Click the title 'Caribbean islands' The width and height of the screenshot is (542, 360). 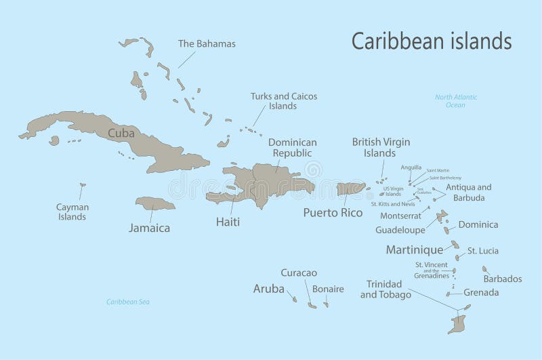(x=431, y=41)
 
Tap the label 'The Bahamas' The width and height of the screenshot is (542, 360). (x=207, y=44)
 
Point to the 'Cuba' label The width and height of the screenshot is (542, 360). (x=121, y=133)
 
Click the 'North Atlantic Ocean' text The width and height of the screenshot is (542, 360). (x=456, y=101)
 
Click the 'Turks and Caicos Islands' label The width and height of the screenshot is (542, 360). (x=283, y=101)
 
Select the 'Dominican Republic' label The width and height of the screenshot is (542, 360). (x=292, y=148)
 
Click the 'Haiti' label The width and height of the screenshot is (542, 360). (x=228, y=221)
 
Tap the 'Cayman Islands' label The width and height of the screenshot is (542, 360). (x=71, y=212)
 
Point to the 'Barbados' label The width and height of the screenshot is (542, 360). (x=502, y=279)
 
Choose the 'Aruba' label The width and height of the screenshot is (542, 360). (x=268, y=288)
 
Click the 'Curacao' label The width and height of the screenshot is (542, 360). (x=299, y=273)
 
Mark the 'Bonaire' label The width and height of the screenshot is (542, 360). (x=328, y=289)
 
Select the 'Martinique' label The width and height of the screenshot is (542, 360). (x=414, y=250)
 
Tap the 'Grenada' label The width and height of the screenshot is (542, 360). (x=481, y=293)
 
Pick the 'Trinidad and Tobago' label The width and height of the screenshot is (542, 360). (x=385, y=289)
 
